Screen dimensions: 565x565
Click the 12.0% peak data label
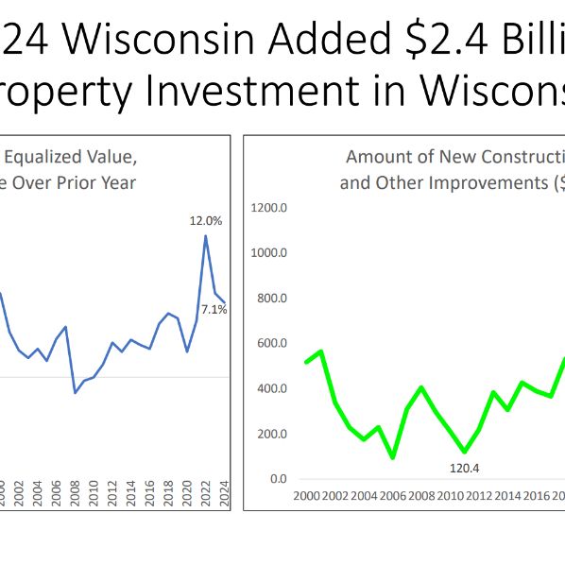coord(205,220)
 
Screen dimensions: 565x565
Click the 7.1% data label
coord(214,309)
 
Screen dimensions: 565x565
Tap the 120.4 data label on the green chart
coord(464,466)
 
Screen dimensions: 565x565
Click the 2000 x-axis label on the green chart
coord(306,495)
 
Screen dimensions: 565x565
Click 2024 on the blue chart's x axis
coord(224,495)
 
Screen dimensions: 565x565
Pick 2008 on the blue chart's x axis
coord(75,495)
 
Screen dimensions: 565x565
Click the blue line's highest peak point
coord(205,236)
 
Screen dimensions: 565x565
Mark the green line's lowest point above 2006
coord(392,457)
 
